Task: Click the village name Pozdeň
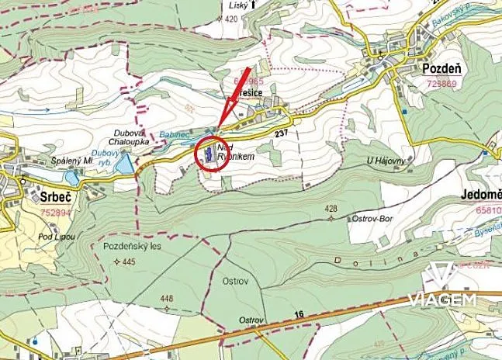point(442,68)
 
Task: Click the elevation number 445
point(127,262)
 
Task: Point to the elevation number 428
point(332,209)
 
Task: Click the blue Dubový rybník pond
point(124,163)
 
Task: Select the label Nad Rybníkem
point(237,151)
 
